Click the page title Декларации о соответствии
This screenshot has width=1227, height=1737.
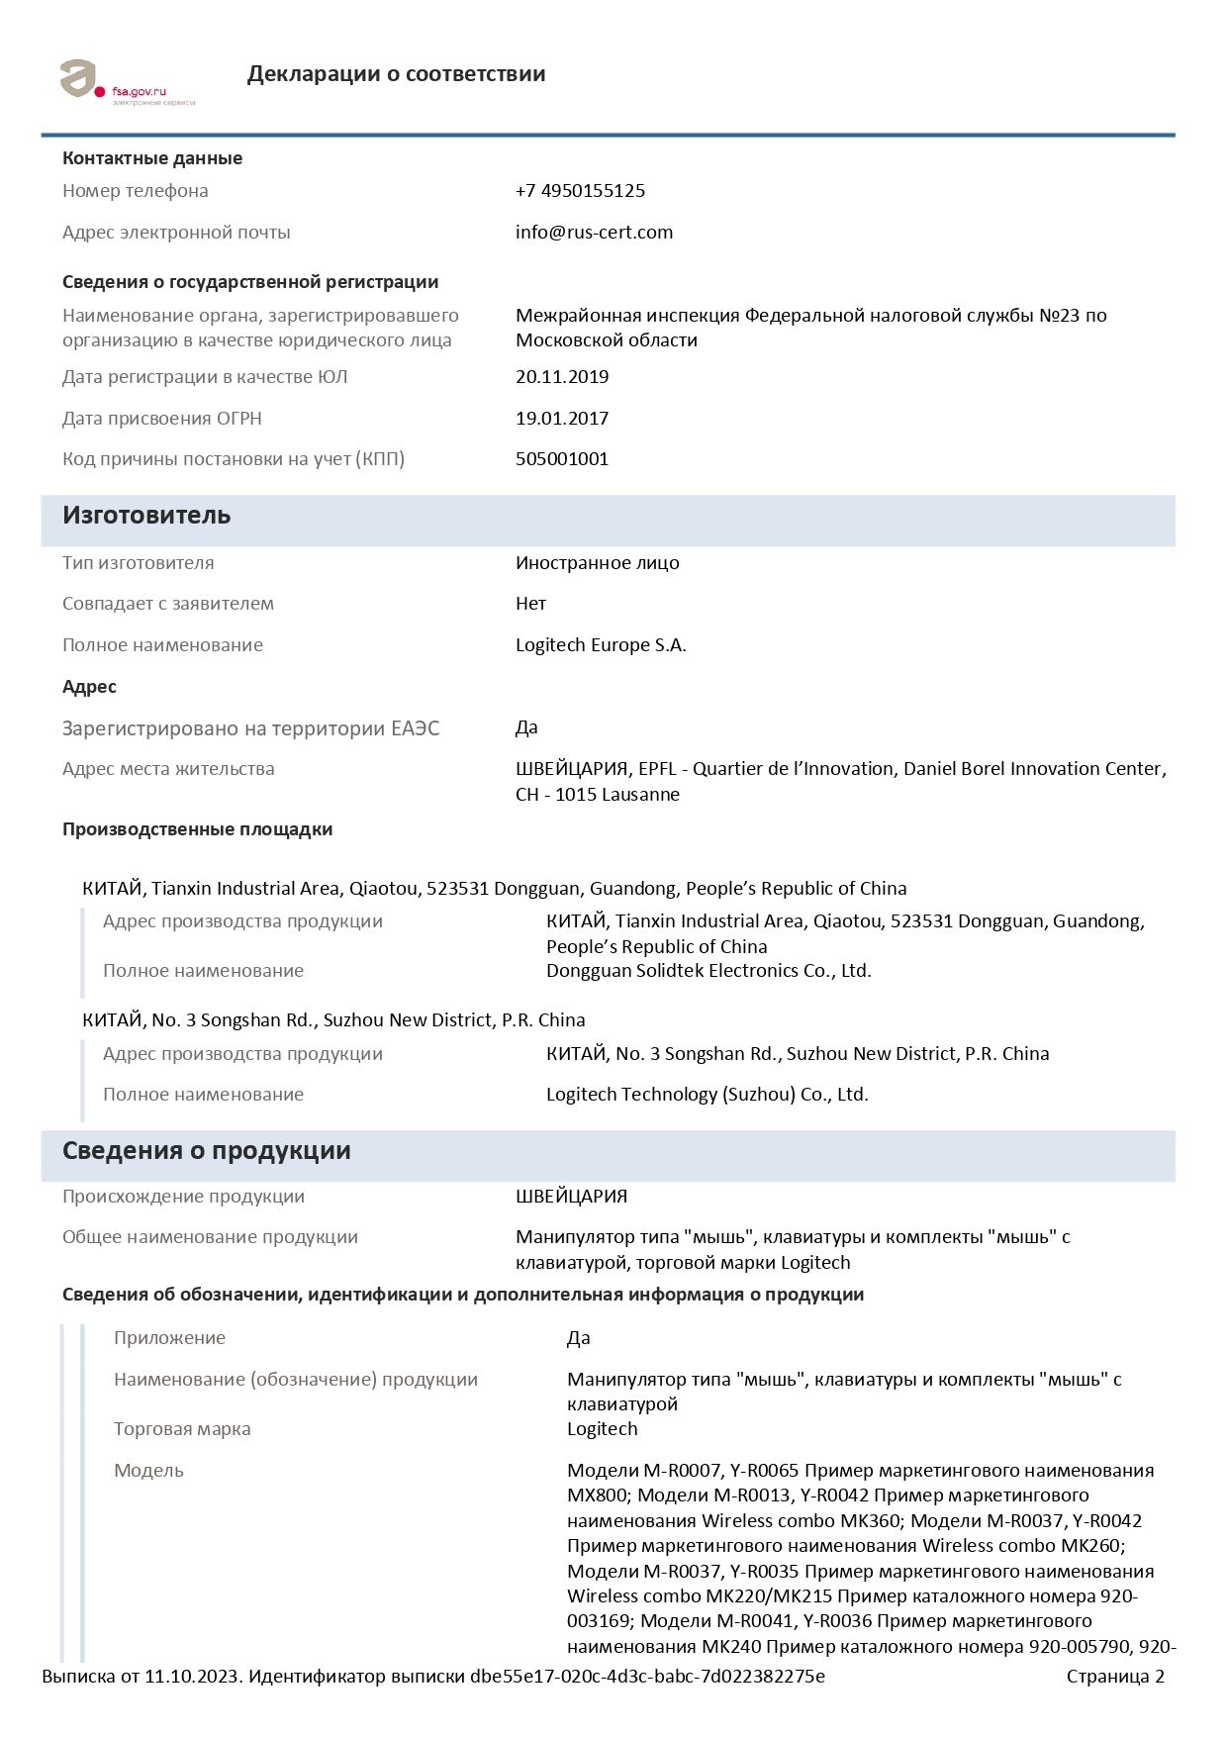(396, 74)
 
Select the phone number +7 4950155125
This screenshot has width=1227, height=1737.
(580, 191)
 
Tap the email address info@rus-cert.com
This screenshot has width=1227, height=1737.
(594, 233)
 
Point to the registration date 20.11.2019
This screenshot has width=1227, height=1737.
(562, 377)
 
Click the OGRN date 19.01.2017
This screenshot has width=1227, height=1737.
(562, 419)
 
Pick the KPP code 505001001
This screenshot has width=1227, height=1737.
(562, 459)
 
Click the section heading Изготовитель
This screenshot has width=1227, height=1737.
(146, 516)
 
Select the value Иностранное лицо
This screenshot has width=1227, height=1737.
(597, 563)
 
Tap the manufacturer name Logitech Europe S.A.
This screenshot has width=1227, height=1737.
(601, 645)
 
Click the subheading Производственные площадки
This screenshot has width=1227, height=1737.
(197, 829)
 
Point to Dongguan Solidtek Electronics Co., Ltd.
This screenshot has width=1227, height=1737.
(708, 971)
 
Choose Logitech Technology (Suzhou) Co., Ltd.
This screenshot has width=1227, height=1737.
(707, 1095)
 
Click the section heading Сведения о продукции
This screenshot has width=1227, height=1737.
(206, 1151)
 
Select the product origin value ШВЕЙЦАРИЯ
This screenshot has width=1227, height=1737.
(571, 1197)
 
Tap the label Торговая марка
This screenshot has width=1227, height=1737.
(182, 1429)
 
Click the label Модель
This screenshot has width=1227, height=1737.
(148, 1471)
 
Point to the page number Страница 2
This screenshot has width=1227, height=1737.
(1115, 1677)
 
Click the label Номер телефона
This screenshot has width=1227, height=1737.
(135, 191)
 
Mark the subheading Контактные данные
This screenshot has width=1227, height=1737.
(152, 158)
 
